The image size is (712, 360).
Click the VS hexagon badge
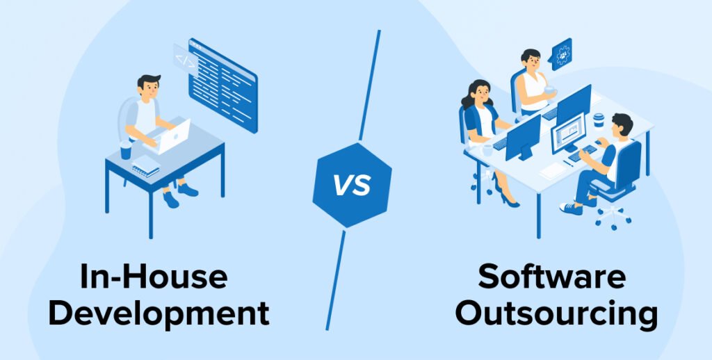(x=352, y=185)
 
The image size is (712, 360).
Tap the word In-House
(x=154, y=277)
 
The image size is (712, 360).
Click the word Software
(x=551, y=277)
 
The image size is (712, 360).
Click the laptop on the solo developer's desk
(x=171, y=136)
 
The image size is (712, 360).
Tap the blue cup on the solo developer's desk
(x=126, y=150)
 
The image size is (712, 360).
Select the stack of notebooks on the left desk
(x=145, y=166)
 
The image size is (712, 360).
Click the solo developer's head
(x=149, y=87)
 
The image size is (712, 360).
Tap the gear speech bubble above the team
(x=561, y=54)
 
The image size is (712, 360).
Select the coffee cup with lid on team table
(x=599, y=120)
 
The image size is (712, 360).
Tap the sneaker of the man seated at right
(x=571, y=208)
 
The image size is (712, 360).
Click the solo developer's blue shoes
(x=180, y=194)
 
